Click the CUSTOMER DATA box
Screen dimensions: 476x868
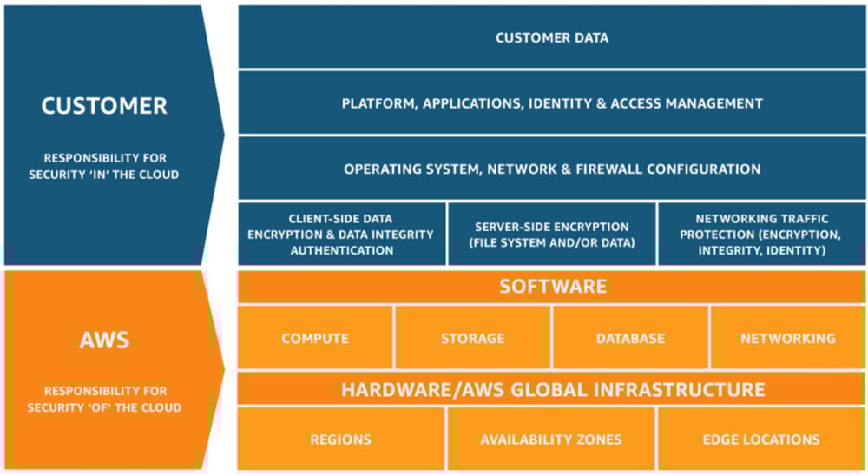(552, 37)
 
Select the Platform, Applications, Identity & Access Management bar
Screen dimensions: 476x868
(552, 103)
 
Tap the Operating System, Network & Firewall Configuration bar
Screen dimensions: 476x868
(552, 169)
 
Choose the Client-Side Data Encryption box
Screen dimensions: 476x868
(342, 235)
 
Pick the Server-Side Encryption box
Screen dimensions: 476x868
(552, 235)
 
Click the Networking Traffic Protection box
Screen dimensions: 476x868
(760, 235)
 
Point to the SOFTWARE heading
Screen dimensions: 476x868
(552, 286)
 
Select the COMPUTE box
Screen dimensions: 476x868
(315, 338)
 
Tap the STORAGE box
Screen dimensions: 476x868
(473, 338)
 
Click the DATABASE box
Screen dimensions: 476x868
(630, 338)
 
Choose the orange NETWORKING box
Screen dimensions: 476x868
(787, 338)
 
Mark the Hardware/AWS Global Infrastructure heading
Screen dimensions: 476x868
(552, 389)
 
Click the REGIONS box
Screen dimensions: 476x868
(341, 440)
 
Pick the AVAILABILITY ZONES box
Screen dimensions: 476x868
(552, 440)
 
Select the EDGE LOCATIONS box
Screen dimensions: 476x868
(760, 440)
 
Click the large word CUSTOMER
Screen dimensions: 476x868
(104, 106)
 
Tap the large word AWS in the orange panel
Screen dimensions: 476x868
(104, 339)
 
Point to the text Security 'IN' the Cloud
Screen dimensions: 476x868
(104, 175)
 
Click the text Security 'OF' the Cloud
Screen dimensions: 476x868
(104, 407)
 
